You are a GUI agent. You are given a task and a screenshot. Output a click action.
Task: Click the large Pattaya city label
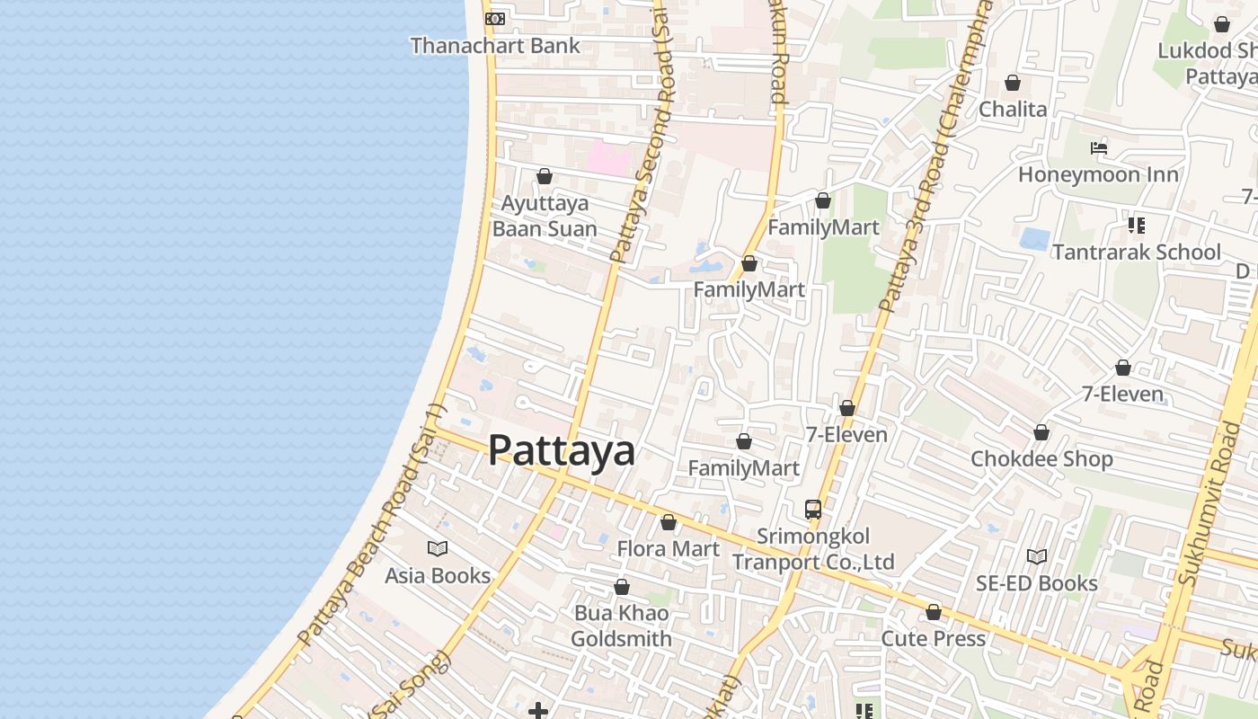coord(561,450)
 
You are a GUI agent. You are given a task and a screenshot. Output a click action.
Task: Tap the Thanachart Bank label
coord(495,45)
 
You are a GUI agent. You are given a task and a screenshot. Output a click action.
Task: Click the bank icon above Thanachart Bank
coord(495,19)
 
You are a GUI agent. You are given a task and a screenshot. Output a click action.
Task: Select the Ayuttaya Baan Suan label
coord(545,216)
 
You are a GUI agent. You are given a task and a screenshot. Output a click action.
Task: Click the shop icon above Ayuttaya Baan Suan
coord(545,176)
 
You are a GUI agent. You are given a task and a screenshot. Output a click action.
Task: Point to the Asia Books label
coord(438,575)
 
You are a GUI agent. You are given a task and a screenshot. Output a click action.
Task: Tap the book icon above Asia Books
coord(438,548)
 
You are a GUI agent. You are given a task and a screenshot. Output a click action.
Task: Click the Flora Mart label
coord(668,548)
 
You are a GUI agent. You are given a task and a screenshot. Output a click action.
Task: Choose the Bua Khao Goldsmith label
coord(621,626)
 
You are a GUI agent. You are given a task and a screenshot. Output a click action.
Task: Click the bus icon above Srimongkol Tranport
coord(813,510)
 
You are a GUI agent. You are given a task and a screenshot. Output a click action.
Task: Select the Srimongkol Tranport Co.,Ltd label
coord(813,549)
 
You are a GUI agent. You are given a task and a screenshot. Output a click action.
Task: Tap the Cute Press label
coord(934,638)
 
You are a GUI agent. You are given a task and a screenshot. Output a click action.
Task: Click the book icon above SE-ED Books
coord(1037,557)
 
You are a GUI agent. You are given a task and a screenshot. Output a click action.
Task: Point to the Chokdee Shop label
coord(1041,458)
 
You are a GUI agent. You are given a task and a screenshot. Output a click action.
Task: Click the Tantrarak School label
coord(1136,252)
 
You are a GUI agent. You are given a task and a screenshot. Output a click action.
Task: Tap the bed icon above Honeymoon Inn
coord(1098,148)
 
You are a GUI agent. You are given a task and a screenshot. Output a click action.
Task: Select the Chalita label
coord(1013,109)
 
